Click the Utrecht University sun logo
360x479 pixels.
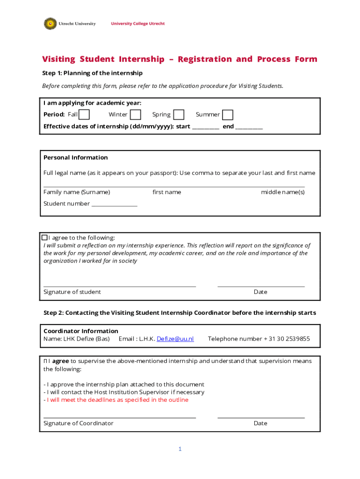[50, 23]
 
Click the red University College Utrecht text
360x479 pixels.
[137, 24]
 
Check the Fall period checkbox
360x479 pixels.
[84, 115]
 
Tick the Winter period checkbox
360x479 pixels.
[136, 115]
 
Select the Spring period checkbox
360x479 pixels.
[179, 115]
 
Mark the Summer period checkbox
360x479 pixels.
[228, 115]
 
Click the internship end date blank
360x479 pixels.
[249, 127]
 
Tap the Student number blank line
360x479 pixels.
[115, 204]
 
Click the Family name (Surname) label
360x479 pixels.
[77, 192]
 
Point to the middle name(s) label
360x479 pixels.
[282, 192]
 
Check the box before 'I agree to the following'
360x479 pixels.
[45, 238]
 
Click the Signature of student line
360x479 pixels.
[119, 285]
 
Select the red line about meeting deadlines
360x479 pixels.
[116, 400]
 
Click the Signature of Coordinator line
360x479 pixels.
[119, 416]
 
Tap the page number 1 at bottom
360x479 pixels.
[180, 449]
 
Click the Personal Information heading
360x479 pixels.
[76, 158]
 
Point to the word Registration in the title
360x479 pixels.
[205, 59]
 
